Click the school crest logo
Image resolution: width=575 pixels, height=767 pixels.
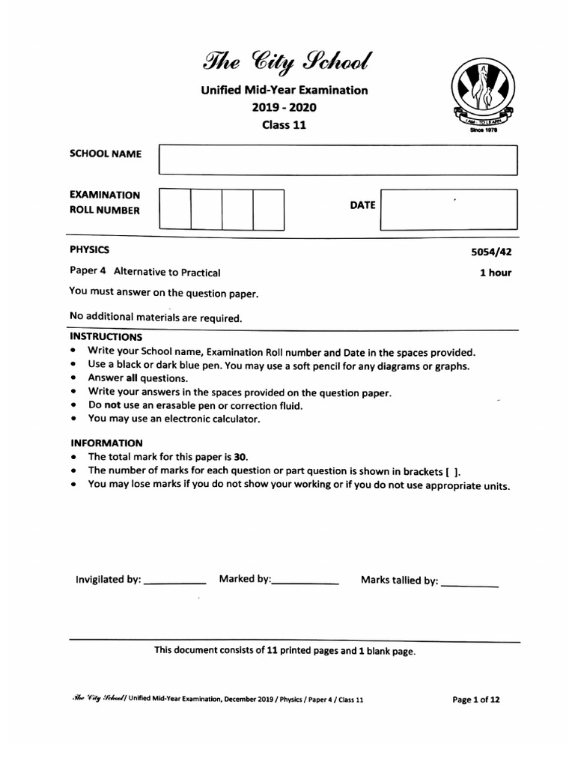point(484,93)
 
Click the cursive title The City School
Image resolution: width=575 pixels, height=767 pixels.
point(284,61)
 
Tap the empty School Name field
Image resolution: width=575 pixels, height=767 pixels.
point(338,160)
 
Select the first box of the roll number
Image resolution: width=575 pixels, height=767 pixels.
point(174,209)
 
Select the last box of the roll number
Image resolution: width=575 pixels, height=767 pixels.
point(268,209)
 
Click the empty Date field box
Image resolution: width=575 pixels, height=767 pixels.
point(448,209)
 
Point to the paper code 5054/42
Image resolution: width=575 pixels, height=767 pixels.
point(491,253)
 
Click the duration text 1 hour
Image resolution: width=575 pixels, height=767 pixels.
point(495,273)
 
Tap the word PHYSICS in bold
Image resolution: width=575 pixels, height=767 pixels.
point(89,249)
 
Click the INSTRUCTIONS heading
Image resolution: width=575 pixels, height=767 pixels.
point(106,337)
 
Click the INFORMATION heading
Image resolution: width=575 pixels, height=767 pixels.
point(106,443)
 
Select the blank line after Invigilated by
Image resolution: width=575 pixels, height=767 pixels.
point(174,581)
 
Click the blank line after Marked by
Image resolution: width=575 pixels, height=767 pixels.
point(306,581)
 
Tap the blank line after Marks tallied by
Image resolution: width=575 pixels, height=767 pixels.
point(469,583)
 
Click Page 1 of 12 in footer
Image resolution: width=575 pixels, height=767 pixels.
point(476,700)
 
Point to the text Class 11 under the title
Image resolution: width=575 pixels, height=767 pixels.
point(284,125)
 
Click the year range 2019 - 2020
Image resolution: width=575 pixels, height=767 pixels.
point(284,107)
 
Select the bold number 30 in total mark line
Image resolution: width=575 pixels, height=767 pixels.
point(240,457)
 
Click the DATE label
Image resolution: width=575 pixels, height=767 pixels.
point(362,204)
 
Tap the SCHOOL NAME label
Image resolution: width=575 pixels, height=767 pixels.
point(105,154)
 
